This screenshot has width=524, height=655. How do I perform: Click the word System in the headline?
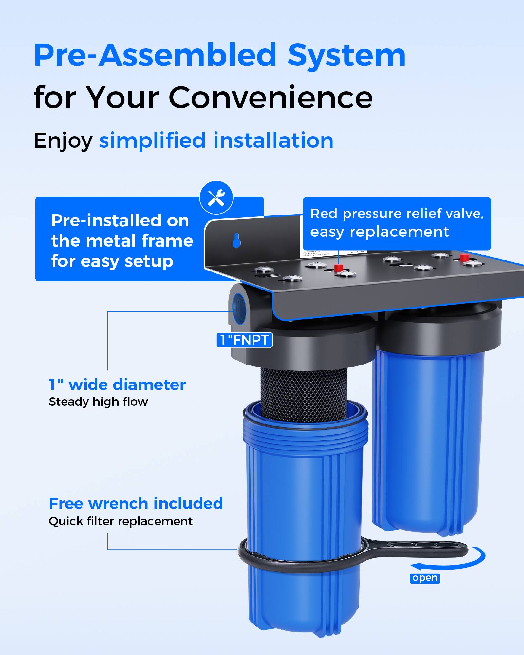346,56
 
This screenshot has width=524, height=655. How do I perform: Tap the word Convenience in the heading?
271,98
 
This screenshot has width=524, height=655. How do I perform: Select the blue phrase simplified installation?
216,140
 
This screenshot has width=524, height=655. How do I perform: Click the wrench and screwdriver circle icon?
216,197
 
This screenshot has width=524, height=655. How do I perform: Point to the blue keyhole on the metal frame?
236,241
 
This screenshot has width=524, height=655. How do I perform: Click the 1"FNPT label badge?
245,340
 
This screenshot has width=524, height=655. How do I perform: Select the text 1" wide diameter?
117,384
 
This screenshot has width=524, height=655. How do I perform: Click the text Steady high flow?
98,402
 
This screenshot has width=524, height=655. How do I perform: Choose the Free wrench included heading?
136,504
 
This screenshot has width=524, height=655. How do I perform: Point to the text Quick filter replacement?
121,521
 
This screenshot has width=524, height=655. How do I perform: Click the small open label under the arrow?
425,578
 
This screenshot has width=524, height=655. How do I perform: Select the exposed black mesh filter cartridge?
304,393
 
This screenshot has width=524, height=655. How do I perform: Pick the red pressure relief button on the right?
464,258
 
